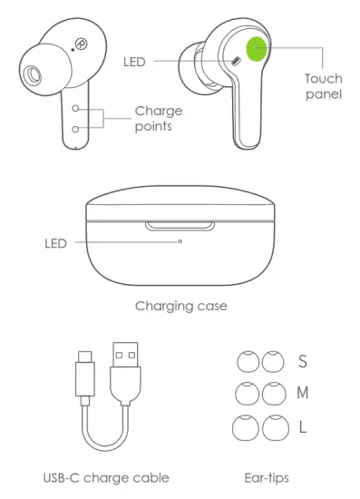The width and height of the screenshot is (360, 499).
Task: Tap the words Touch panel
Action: coord(324,86)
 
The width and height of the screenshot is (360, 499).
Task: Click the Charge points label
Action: coord(158,119)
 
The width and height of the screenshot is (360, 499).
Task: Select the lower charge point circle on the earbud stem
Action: coord(77,130)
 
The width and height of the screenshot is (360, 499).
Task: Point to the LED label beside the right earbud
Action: coord(133,62)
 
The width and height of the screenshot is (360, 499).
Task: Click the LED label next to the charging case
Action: coord(56,243)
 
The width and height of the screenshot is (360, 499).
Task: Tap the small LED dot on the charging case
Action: coord(180,241)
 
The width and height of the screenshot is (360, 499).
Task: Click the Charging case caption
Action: coord(180,306)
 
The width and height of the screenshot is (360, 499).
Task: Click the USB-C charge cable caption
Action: coord(106,477)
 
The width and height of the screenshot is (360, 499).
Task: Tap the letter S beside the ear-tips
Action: coord(303,362)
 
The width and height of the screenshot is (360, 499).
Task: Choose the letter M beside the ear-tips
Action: coord(304,393)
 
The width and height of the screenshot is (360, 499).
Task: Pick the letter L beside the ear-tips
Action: coord(303,426)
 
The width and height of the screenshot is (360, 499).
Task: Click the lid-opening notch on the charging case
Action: coord(180,223)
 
